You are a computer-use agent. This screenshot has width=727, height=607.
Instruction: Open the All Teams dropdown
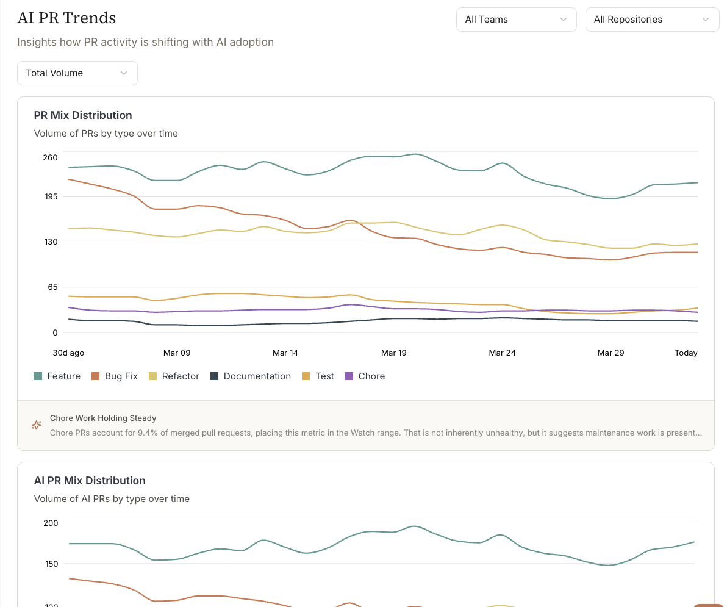pos(516,20)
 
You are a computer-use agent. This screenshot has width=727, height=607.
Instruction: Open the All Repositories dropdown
pos(652,20)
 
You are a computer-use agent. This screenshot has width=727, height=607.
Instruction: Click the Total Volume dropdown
pos(77,73)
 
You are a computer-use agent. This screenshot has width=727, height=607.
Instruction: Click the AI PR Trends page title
pos(66,18)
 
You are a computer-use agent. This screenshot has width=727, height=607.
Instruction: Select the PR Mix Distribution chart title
pos(83,115)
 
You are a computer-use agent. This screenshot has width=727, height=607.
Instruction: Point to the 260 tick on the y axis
pos(50,157)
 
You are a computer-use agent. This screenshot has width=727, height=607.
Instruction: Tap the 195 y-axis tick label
pos(51,196)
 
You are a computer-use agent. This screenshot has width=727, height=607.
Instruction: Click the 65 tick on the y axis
pos(52,287)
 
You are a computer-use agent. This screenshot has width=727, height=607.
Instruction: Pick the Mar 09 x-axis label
pos(177,353)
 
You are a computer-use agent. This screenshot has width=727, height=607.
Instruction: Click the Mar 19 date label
pos(393,353)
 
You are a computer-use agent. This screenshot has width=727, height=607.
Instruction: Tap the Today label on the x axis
pos(686,353)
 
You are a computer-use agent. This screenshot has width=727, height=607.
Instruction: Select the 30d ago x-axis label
pos(68,353)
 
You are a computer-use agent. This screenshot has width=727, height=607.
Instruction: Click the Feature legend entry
pos(57,376)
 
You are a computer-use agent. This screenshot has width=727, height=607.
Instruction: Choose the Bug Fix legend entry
pos(115,376)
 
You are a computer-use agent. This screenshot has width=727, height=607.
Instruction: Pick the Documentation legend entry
pos(251,376)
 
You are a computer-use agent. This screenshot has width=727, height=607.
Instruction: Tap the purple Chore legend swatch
pos(349,376)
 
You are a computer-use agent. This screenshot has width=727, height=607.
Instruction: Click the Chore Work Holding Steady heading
pos(103,418)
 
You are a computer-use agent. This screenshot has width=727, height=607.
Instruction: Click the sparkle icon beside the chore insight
pos(37,425)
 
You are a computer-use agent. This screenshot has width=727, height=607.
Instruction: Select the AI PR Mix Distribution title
pos(90,480)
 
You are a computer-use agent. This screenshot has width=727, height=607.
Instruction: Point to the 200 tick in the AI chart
pos(51,523)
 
